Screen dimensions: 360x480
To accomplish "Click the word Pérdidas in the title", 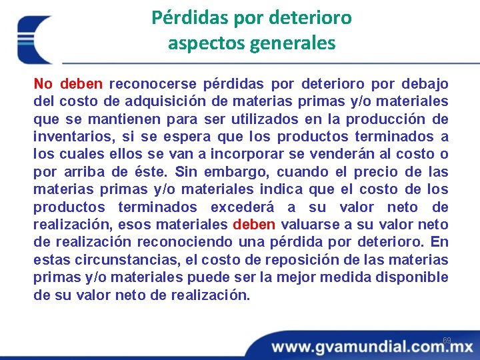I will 183,17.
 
